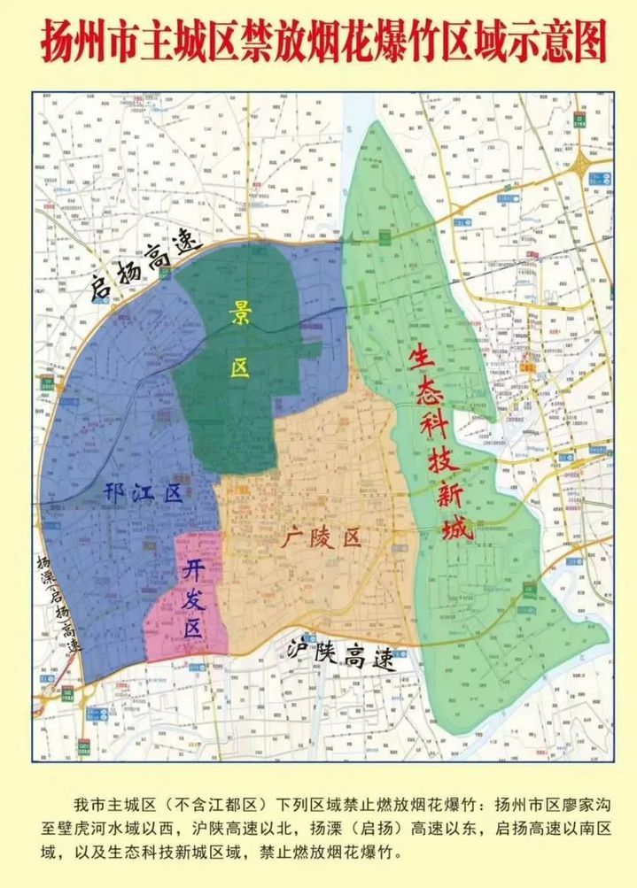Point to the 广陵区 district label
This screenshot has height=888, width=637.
pyautogui.click(x=323, y=537)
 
